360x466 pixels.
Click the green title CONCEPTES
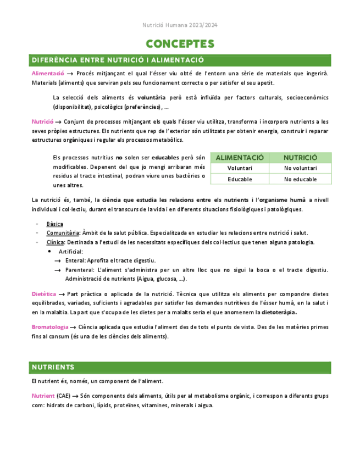tap(180, 43)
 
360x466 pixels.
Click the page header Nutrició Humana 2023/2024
tap(180, 25)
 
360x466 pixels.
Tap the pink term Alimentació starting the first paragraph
tap(48, 73)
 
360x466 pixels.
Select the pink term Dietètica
tap(44, 295)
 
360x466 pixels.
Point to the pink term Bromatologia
tap(49, 327)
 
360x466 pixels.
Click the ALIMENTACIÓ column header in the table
tap(240, 157)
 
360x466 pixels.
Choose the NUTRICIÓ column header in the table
tap(300, 157)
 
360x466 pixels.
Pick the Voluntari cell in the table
tap(240, 168)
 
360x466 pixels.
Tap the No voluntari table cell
tap(300, 168)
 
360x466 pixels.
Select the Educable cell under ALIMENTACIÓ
tap(240, 179)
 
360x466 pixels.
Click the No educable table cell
tap(300, 179)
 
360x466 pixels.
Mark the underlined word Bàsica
tap(54, 224)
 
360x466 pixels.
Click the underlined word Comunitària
tap(61, 233)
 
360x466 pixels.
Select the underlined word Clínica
tap(55, 242)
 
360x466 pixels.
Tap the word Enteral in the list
tap(75, 260)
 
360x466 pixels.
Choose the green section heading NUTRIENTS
tap(53, 367)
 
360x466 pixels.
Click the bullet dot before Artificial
tap(50, 251)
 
